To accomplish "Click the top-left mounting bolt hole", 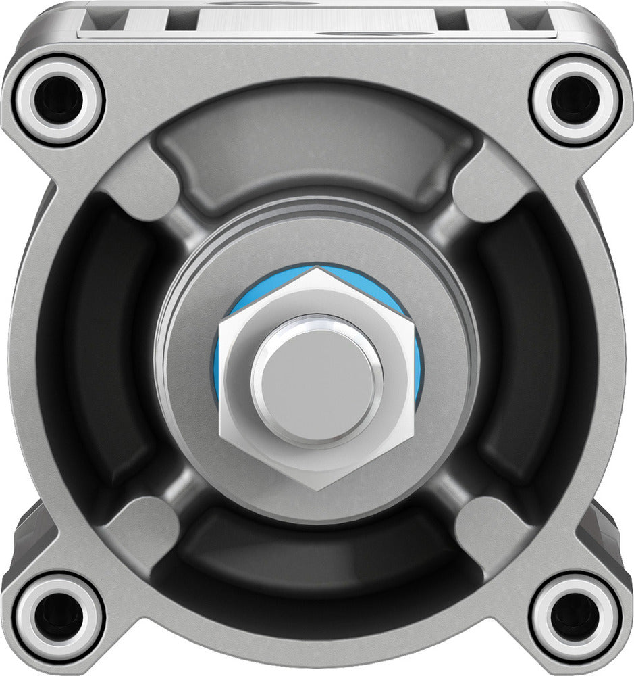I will [x=59, y=99].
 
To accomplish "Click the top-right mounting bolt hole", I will [x=575, y=99].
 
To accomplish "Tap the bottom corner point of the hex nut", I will [x=317, y=491].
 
